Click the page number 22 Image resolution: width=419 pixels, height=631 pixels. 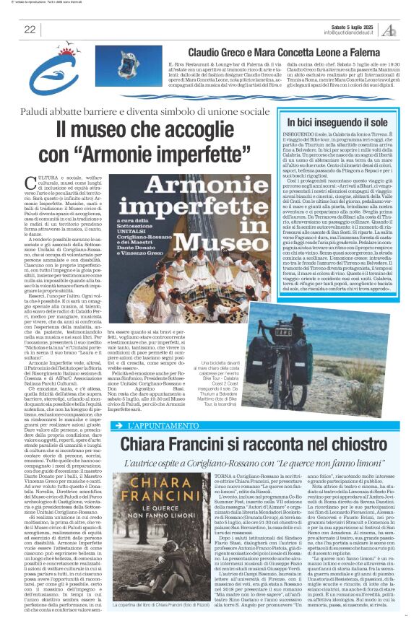pyautogui.click(x=30, y=29)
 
